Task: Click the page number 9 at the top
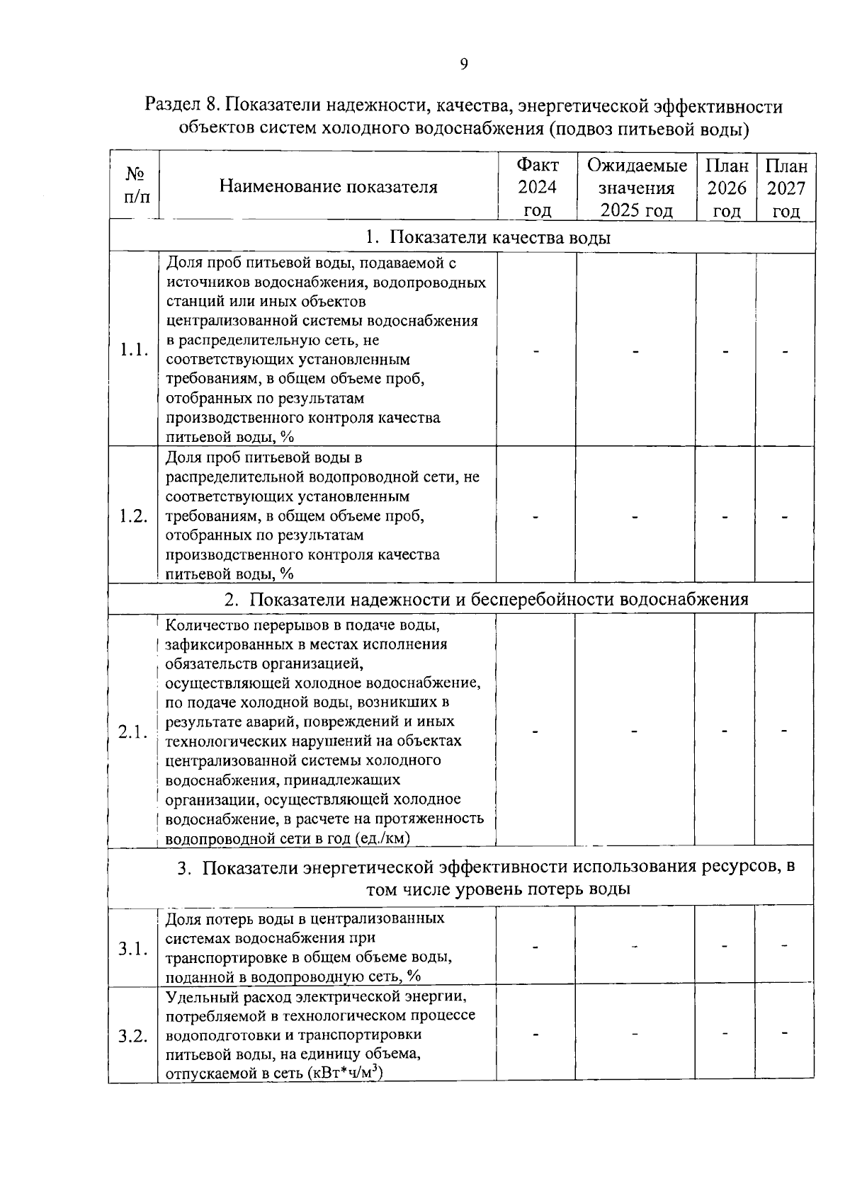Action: click(x=464, y=64)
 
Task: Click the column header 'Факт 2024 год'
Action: click(x=538, y=188)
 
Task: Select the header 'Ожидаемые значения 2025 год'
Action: click(x=637, y=188)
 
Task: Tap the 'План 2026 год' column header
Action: click(x=727, y=188)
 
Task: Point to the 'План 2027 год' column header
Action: click(x=786, y=188)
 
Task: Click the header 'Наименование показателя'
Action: click(x=328, y=187)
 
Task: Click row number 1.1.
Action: click(x=133, y=350)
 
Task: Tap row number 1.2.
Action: click(x=133, y=516)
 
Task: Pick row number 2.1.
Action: click(x=133, y=731)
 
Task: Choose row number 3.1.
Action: click(x=133, y=948)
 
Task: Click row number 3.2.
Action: click(x=133, y=1037)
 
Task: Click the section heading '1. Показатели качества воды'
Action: click(x=488, y=238)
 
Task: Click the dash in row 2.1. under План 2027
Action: click(x=785, y=730)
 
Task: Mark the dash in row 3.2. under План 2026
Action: click(x=725, y=1034)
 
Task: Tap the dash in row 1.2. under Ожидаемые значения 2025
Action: click(x=636, y=517)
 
